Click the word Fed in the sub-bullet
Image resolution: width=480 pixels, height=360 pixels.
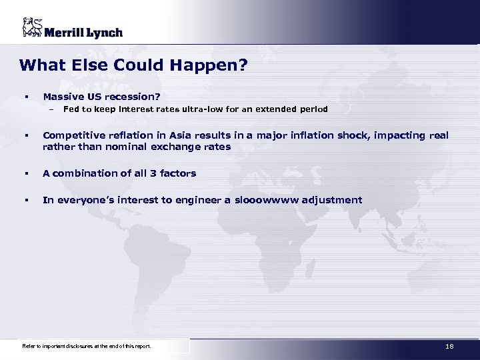coord(71,109)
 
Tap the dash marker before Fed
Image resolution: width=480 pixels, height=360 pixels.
coord(49,109)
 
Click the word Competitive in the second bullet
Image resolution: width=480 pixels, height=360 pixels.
coord(72,135)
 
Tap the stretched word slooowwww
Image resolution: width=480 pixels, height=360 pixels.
coord(267,200)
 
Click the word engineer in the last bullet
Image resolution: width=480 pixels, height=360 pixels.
coord(201,200)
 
